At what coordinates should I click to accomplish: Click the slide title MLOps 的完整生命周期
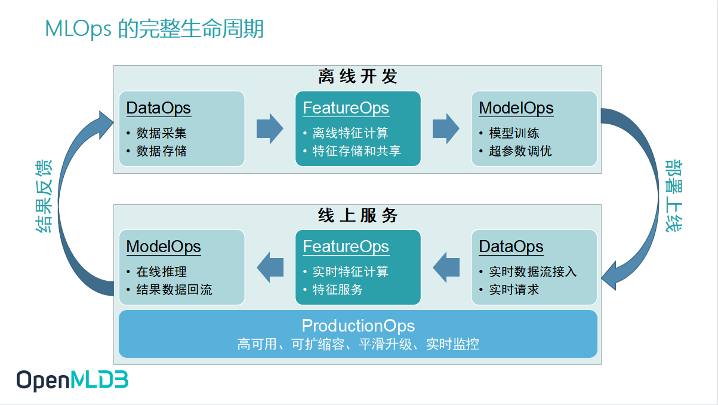(155, 29)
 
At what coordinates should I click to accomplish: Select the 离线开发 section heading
(358, 76)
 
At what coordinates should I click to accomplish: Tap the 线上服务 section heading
(358, 216)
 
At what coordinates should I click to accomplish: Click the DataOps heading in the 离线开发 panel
(158, 108)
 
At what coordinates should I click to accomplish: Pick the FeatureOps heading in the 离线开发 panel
(346, 108)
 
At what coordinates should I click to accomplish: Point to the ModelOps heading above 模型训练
(516, 108)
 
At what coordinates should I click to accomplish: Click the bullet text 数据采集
(161, 133)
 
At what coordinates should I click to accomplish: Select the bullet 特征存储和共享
(356, 151)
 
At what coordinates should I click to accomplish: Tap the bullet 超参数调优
(520, 151)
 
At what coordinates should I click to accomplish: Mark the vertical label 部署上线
(674, 194)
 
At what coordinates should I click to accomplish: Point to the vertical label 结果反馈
(44, 195)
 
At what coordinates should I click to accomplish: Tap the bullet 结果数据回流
(174, 290)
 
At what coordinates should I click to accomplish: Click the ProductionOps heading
(358, 326)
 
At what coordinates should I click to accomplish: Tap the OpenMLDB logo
(72, 380)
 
